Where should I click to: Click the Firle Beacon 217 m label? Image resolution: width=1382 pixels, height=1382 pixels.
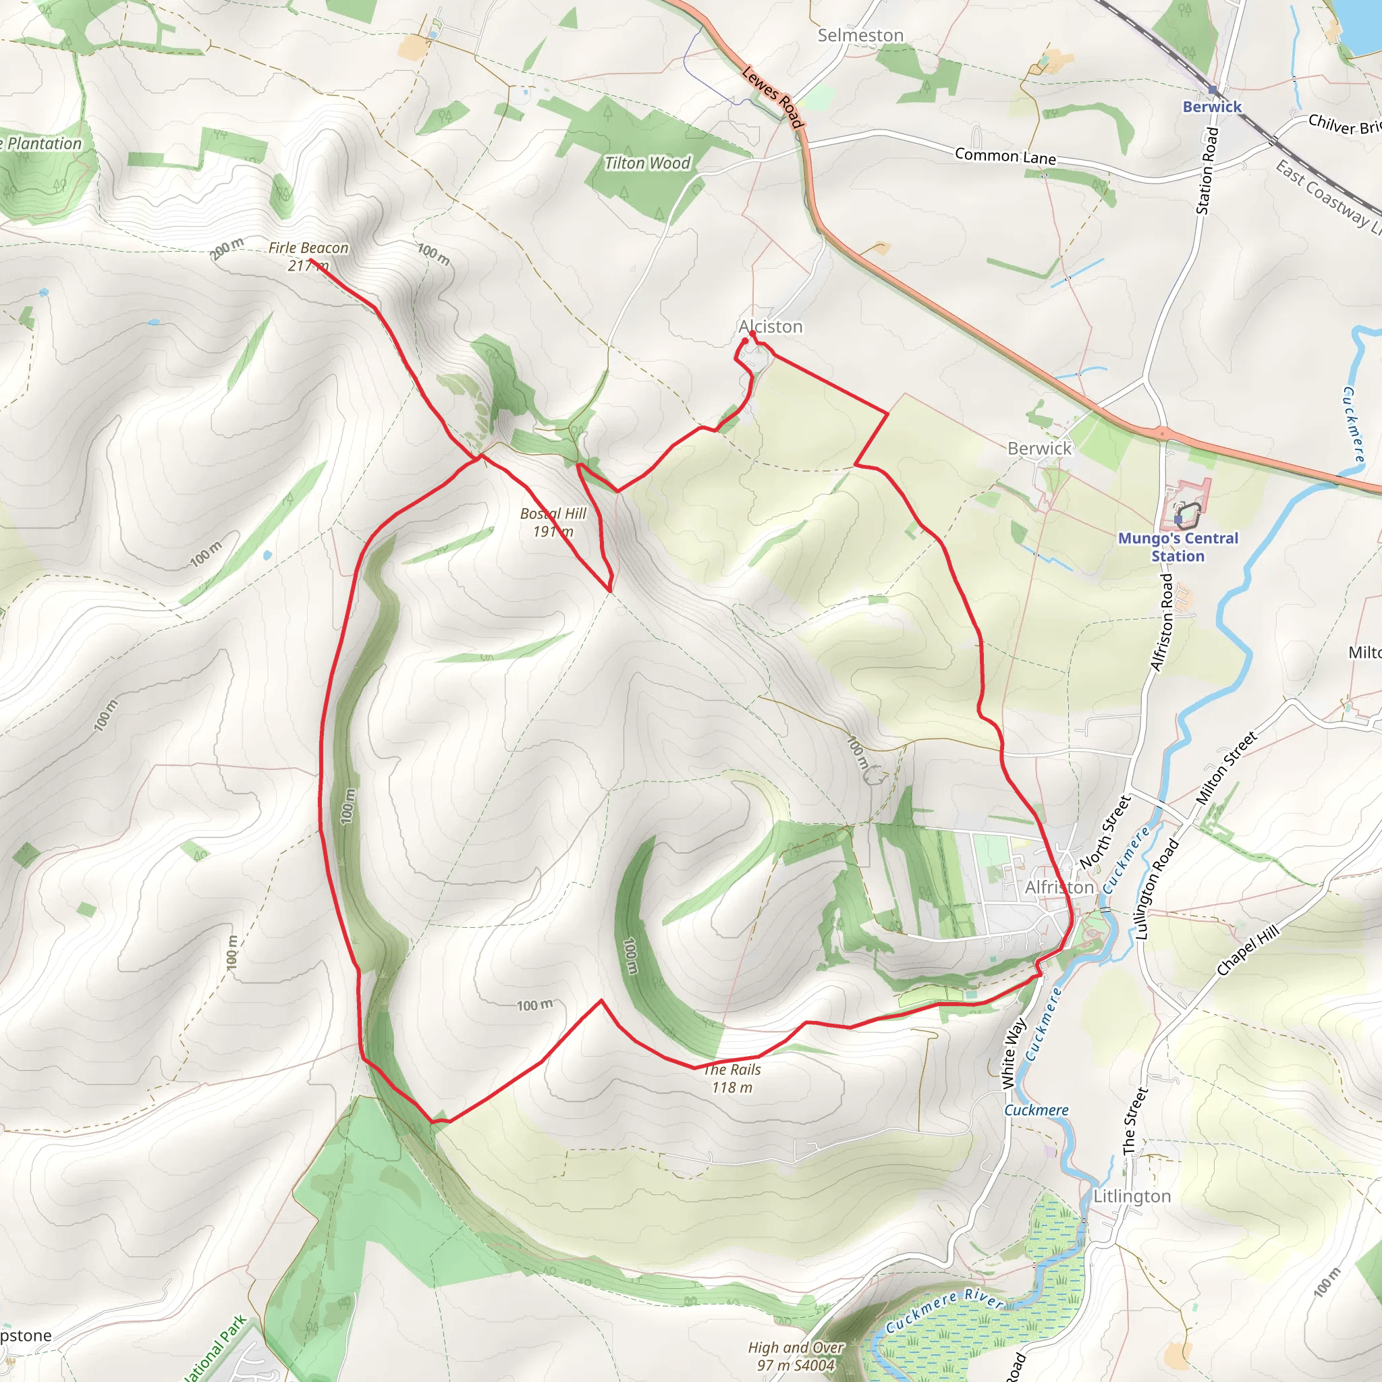coord(308,256)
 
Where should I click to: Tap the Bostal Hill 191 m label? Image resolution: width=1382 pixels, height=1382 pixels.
coord(553,522)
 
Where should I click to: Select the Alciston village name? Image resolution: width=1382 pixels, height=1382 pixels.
coord(771,327)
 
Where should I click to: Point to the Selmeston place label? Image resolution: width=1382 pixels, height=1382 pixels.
coord(860,35)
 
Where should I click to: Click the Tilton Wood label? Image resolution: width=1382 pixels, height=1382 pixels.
coord(647,164)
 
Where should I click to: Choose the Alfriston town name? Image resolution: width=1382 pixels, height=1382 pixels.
coord(1059,887)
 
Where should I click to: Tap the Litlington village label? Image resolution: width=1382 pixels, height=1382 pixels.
coord(1132,1196)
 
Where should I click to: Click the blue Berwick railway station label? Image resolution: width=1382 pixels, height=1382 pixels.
coord(1212,107)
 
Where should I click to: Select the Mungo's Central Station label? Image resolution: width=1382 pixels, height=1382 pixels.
coord(1178,547)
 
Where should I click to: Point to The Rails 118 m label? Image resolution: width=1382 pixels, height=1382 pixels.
coord(731,1078)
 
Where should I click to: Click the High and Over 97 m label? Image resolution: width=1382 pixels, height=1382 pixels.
coord(796,1356)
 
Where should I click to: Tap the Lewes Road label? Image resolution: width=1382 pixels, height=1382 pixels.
coord(773,97)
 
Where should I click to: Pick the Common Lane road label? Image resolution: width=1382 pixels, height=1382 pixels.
coord(1005,156)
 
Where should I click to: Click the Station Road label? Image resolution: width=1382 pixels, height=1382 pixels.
coord(1207,170)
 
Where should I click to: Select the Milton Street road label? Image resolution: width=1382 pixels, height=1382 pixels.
coord(1226,767)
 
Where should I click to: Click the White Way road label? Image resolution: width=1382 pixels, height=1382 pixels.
coord(1014,1053)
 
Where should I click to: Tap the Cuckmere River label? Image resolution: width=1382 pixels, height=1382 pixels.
coord(944,1310)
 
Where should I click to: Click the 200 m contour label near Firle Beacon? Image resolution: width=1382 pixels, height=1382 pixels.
coord(227,248)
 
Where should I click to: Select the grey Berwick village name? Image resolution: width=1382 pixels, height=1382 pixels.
coord(1039,449)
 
